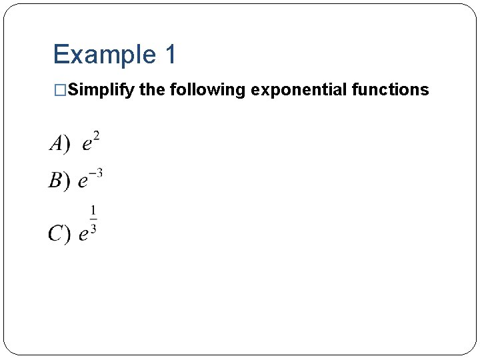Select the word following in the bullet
208,90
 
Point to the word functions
390,90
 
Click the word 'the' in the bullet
153,90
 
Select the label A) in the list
59,143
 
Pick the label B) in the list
59,181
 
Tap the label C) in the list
59,233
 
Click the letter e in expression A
87,145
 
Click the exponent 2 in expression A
97,136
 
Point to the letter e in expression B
83,181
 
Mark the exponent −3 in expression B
96,173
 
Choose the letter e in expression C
83,235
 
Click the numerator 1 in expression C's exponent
93,211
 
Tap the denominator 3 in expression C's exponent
93,229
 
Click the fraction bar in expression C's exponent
93,219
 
